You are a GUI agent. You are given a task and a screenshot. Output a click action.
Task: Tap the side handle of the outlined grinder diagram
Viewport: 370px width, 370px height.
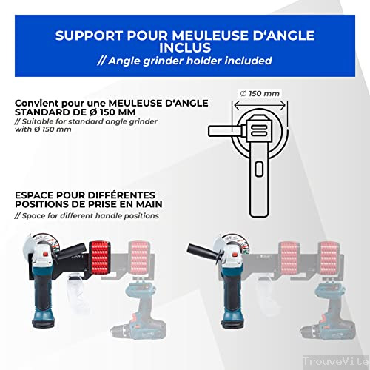(x=223, y=132)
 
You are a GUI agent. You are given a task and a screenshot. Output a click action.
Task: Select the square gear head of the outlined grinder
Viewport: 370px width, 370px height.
(x=258, y=132)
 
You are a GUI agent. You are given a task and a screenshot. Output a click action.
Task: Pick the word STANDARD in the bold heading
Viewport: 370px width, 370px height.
(x=44, y=112)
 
